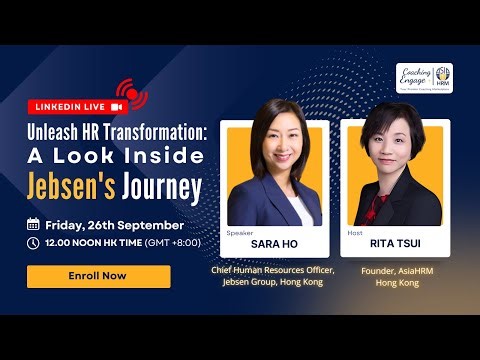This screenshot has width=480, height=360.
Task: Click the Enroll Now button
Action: coord(98,276)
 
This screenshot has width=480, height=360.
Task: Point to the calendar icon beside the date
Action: coord(33,224)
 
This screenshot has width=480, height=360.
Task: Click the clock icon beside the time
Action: coord(33,242)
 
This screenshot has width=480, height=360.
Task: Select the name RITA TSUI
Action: coord(394,243)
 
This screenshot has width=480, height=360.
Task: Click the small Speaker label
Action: coord(240,231)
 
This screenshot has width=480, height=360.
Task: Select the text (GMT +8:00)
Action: coord(175,242)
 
